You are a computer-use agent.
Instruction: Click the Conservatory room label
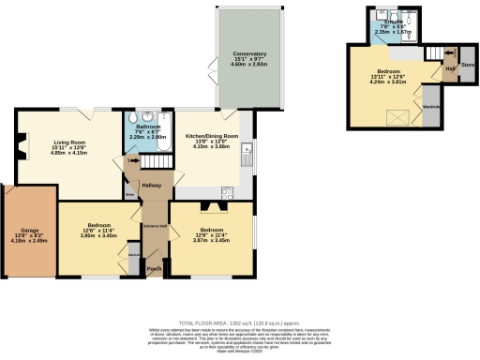click(x=250, y=55)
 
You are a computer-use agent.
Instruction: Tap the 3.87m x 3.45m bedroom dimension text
click(x=210, y=241)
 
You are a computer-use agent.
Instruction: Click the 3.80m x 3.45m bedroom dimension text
click(x=100, y=235)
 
